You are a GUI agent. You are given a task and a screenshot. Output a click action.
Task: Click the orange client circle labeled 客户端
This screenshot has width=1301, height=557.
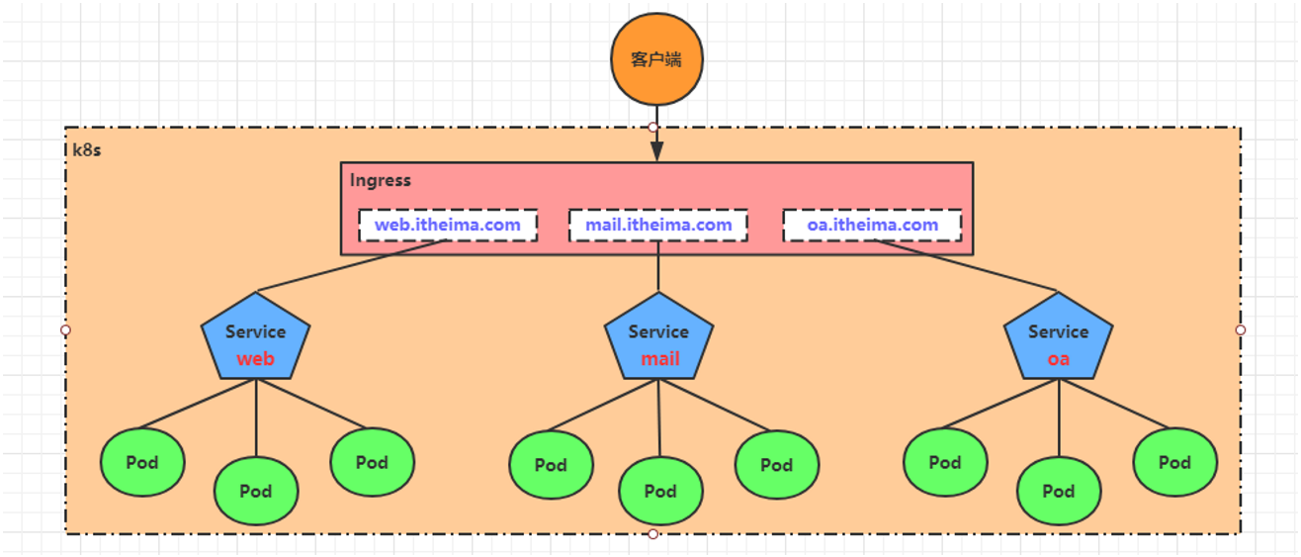[x=656, y=59]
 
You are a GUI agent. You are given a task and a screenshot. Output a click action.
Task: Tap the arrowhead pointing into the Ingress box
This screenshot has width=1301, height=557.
[x=656, y=150]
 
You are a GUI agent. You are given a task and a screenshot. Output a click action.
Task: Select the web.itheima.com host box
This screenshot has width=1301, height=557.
[x=448, y=225]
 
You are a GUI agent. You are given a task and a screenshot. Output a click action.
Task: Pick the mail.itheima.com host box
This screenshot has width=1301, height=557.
[x=658, y=225]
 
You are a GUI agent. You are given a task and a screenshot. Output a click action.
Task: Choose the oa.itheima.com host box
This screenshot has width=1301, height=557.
[x=872, y=225]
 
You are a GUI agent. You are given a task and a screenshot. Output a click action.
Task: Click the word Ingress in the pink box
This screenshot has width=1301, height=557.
[x=381, y=180]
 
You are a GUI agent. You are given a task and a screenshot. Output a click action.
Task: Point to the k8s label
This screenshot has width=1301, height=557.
[x=87, y=150]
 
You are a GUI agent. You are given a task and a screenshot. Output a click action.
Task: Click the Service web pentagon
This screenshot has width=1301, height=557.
[x=255, y=336]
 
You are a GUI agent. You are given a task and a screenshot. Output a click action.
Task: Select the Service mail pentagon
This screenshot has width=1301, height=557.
[x=658, y=336]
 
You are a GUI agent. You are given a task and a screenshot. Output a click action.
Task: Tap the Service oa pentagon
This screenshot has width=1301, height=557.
[x=1058, y=336]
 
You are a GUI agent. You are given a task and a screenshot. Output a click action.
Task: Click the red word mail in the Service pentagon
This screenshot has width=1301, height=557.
[x=660, y=359]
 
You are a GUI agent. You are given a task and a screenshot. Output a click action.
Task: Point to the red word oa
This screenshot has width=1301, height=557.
[x=1058, y=359]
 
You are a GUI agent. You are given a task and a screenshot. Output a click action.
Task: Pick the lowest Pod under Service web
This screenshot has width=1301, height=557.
[x=256, y=492]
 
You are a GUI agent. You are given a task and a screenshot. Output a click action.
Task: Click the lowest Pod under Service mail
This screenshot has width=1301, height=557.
[x=661, y=492]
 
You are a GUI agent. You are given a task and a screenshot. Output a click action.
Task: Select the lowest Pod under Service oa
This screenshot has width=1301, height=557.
[x=1059, y=492]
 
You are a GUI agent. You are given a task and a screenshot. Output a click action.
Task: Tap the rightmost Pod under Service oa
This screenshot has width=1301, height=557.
[x=1175, y=462]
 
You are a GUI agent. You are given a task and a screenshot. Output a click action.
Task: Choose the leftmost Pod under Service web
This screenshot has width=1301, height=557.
[x=142, y=462]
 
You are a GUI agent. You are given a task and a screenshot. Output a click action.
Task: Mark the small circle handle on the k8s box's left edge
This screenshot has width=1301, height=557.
[x=65, y=330]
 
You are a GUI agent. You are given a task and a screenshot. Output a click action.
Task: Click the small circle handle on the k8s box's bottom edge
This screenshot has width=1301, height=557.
[x=653, y=533]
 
